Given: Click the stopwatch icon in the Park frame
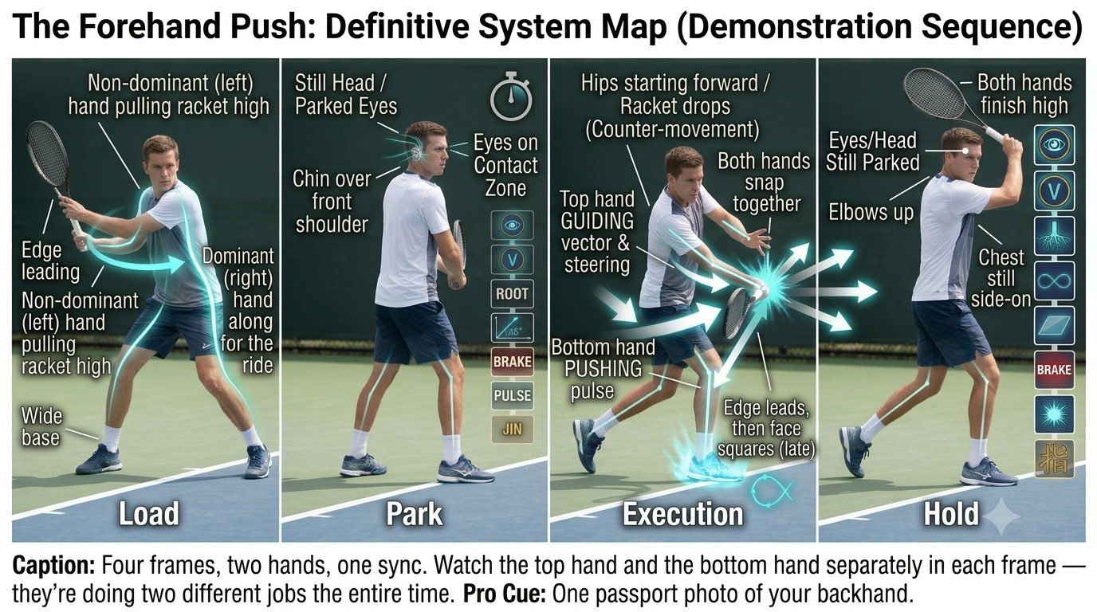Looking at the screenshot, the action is tap(511, 97).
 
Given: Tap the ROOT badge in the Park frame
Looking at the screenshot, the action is tap(512, 294).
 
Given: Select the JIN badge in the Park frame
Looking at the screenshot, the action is tap(513, 430).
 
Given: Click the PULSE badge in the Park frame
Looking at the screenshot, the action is tap(513, 395).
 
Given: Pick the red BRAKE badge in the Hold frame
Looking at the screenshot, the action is tap(1054, 370).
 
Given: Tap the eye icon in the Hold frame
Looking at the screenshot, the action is tap(1054, 145).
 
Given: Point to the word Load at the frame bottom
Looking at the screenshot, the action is tap(149, 514).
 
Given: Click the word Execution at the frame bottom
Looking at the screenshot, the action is tap(682, 514).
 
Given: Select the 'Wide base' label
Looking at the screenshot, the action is tap(42, 427).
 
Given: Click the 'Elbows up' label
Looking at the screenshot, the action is tap(871, 213).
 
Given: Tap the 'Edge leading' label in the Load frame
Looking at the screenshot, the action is tap(50, 261).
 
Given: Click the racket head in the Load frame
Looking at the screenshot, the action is tap(48, 157).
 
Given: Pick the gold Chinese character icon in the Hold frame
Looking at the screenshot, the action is tap(1054, 459).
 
